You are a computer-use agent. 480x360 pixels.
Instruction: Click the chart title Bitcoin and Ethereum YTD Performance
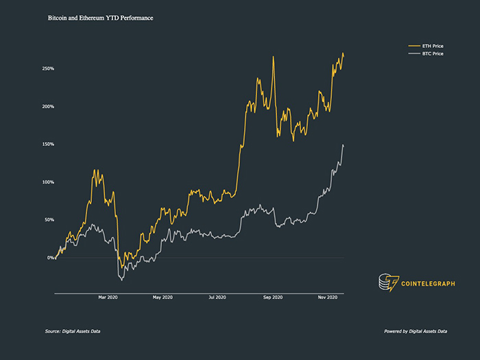pyautogui.click(x=100, y=17)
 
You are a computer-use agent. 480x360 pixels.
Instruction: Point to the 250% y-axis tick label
pyautogui.click(x=48, y=69)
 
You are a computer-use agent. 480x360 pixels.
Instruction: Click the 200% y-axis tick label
pyautogui.click(x=48, y=106)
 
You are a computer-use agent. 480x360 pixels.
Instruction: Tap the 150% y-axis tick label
pyautogui.click(x=48, y=144)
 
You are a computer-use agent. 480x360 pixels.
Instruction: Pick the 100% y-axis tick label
pyautogui.click(x=48, y=182)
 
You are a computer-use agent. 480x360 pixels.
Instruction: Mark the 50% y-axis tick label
pyautogui.click(x=49, y=219)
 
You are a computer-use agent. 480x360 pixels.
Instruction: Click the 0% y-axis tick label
pyautogui.click(x=51, y=258)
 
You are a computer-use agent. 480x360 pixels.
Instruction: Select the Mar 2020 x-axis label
pyautogui.click(x=108, y=297)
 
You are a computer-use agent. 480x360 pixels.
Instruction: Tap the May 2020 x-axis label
pyautogui.click(x=161, y=297)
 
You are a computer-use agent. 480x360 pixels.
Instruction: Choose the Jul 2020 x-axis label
pyautogui.click(x=217, y=297)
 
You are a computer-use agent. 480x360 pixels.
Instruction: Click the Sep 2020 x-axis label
pyautogui.click(x=273, y=297)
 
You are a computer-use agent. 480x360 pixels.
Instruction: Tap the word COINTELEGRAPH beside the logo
pyautogui.click(x=429, y=283)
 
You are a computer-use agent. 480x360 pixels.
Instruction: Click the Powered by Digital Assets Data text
pyautogui.click(x=416, y=331)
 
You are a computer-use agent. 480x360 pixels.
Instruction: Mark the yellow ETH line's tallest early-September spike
pyautogui.click(x=273, y=57)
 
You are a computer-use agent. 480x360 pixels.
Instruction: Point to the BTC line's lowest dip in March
pyautogui.click(x=121, y=280)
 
